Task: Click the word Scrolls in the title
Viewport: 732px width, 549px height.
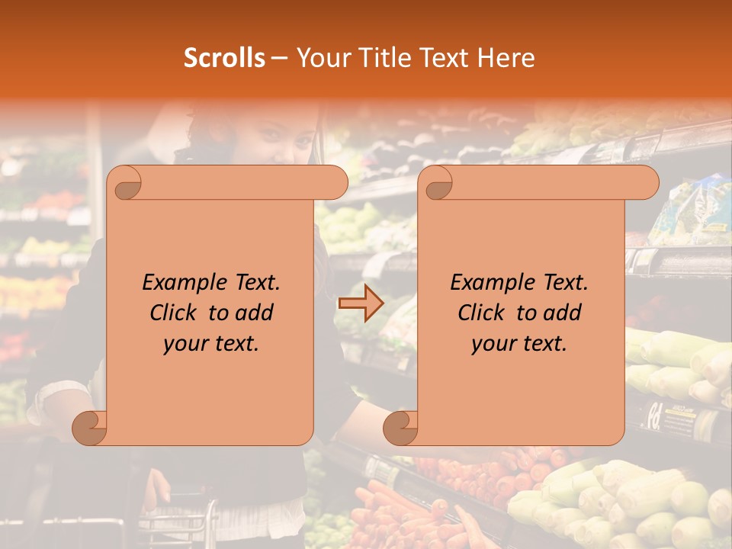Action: (224, 58)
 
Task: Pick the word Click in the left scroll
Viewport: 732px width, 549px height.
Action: (167, 313)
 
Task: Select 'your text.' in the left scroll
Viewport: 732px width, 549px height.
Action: (211, 343)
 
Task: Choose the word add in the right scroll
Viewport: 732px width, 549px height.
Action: (561, 313)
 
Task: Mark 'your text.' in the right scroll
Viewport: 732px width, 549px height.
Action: (519, 343)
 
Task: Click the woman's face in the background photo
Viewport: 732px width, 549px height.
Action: (286, 137)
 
